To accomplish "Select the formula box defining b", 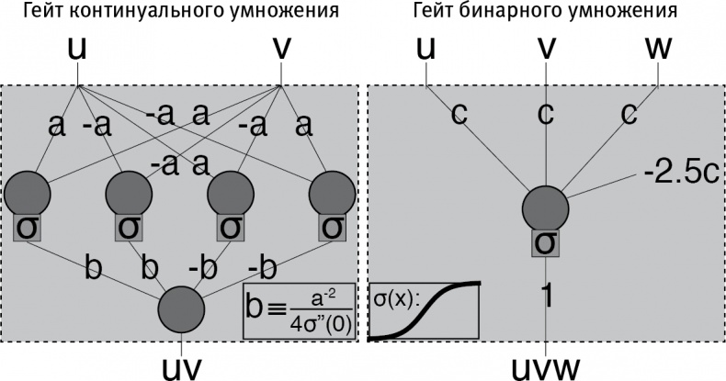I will point(299,310).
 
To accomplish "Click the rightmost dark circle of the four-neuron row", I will point(332,194).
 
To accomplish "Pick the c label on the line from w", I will point(628,114).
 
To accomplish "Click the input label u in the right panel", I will point(426,49).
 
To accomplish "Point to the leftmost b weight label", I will point(93,269).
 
